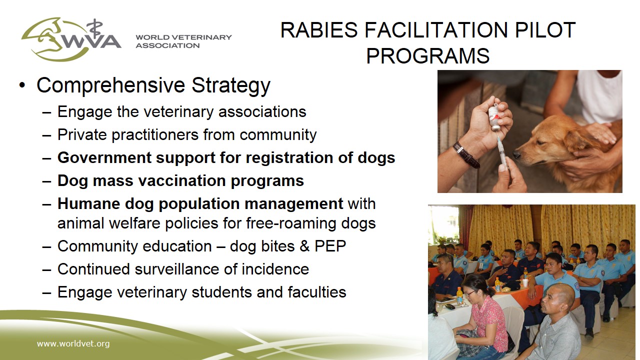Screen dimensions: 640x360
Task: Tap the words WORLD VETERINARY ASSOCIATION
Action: [x=183, y=41]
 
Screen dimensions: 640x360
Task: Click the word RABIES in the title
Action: [x=319, y=30]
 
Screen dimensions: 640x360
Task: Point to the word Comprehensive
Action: [x=111, y=85]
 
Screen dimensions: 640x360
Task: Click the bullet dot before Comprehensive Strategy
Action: [x=22, y=85]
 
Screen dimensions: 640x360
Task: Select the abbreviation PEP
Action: [x=330, y=246]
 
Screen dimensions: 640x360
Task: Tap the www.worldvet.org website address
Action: [x=73, y=343]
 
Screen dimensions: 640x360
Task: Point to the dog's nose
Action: [x=517, y=155]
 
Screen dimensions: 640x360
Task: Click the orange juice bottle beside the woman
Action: [x=459, y=295]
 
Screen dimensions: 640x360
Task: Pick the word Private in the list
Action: [x=82, y=134]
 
